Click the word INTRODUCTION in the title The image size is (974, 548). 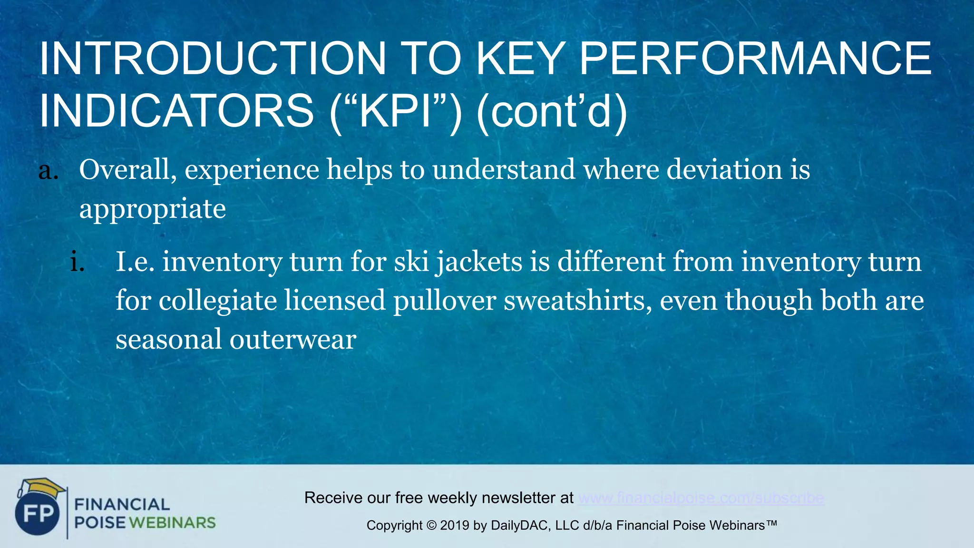[x=212, y=59]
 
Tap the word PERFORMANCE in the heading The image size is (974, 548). [x=755, y=59]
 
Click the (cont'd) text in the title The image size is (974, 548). [x=551, y=111]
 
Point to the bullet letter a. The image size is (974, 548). [x=48, y=171]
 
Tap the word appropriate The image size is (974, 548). [x=152, y=209]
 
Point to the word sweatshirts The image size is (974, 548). [x=577, y=301]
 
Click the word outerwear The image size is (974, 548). [x=292, y=340]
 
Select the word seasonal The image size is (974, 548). [x=168, y=340]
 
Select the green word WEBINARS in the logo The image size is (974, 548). [x=172, y=523]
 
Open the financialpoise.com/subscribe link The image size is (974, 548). [x=701, y=498]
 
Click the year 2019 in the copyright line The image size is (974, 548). [x=455, y=526]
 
